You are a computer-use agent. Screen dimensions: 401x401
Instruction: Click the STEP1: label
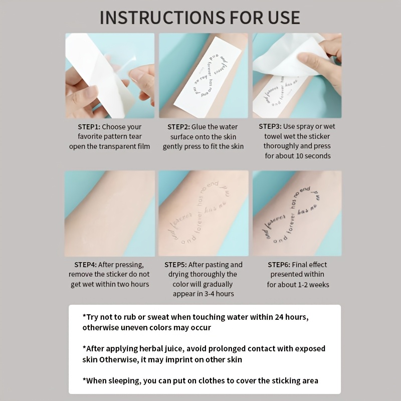89,127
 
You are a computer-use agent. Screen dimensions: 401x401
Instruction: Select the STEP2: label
178,127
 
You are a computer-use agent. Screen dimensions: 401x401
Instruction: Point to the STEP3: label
270,126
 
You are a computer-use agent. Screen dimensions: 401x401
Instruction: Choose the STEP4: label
85,265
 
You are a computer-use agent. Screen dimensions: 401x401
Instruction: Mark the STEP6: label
279,265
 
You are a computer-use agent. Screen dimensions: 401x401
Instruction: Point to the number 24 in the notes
279,317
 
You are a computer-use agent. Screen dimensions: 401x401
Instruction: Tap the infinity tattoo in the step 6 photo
292,216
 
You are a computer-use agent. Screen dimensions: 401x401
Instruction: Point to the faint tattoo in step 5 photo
199,212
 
